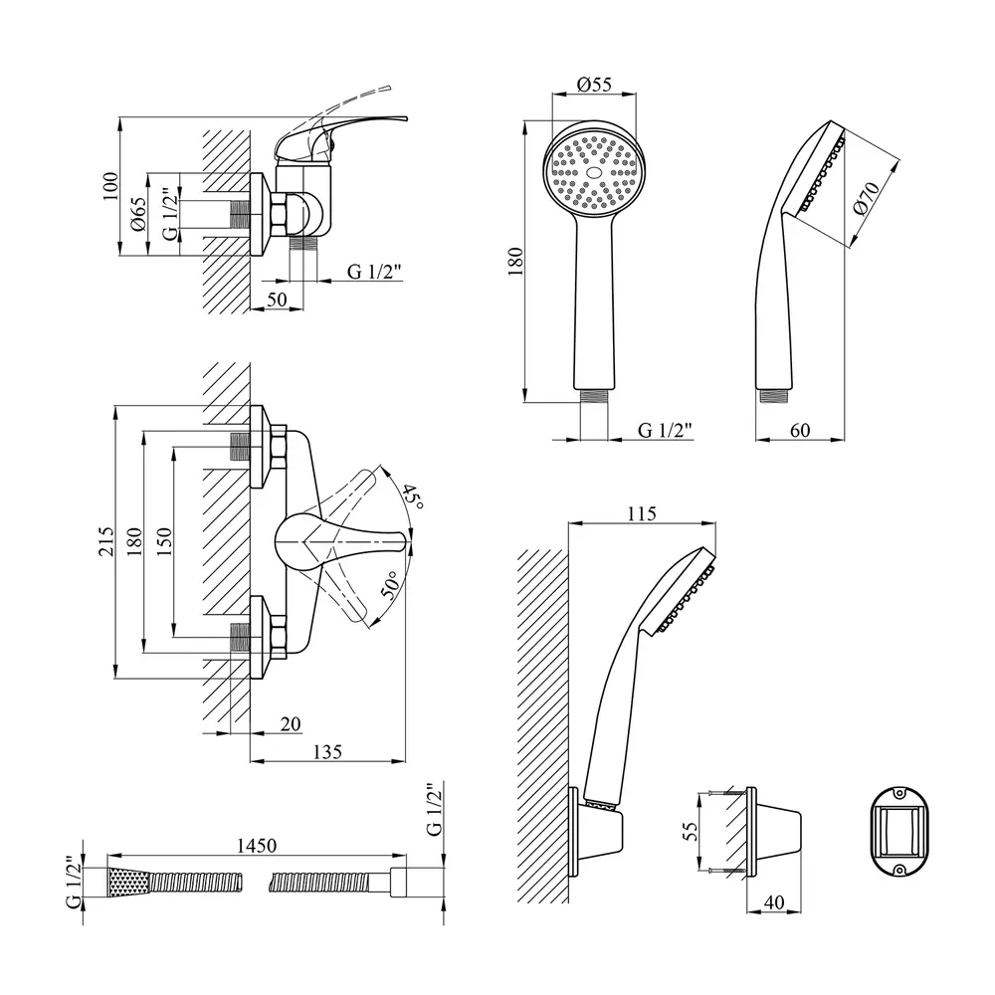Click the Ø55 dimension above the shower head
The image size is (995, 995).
click(595, 86)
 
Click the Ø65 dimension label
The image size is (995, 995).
click(139, 215)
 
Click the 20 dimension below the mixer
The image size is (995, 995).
click(291, 725)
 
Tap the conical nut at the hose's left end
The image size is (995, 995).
click(126, 881)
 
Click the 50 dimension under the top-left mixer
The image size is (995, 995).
click(276, 298)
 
